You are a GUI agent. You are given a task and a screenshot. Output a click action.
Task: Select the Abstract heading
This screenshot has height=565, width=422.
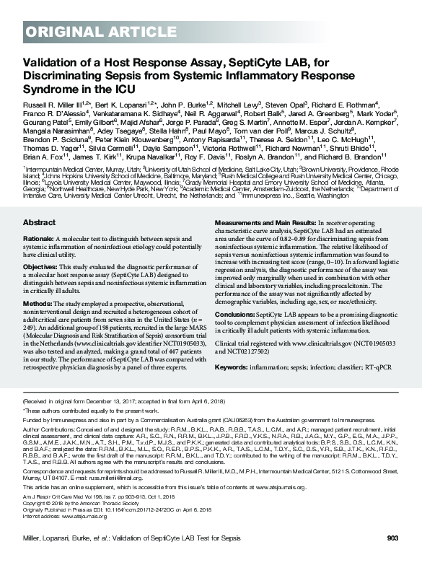coord(39,203)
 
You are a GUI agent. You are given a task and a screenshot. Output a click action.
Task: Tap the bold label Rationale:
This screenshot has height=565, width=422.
coord(39,217)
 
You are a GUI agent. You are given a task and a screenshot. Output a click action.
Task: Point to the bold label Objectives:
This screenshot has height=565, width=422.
coord(41,245)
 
